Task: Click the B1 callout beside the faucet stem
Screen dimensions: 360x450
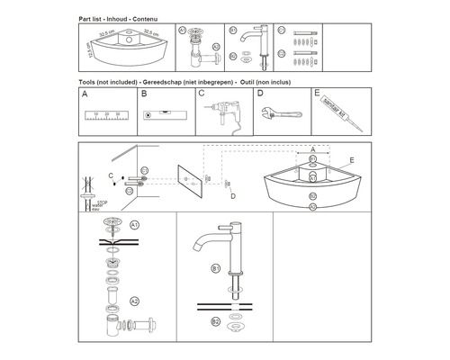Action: pos(216,268)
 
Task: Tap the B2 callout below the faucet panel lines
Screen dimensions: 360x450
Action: pos(216,321)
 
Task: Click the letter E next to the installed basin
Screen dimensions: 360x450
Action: pos(352,159)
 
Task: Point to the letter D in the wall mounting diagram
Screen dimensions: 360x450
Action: pos(231,196)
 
